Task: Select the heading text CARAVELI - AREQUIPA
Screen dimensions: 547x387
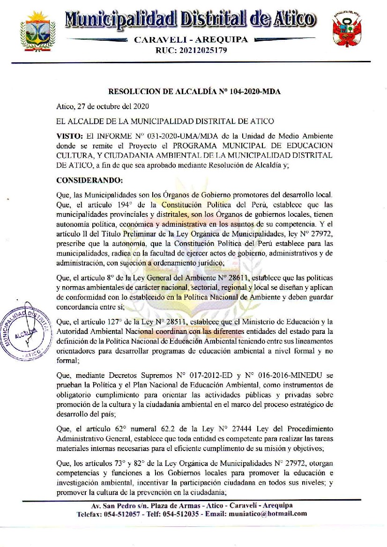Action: pos(191,40)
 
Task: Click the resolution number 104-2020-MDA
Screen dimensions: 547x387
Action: pos(255,92)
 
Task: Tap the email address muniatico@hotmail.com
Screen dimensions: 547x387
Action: pos(268,513)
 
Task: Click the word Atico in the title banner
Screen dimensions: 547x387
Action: pos(294,20)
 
